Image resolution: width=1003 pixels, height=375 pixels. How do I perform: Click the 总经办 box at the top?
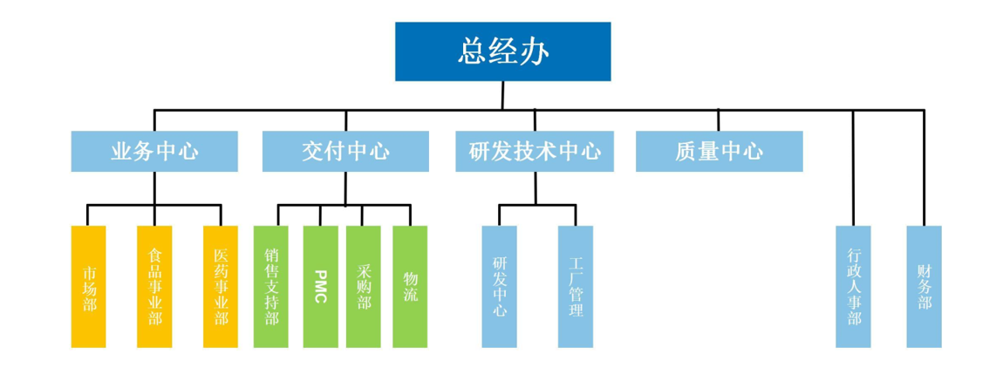(x=502, y=51)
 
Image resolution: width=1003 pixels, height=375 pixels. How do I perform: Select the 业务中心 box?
(x=154, y=152)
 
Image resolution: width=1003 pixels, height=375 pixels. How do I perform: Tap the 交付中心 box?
(x=345, y=152)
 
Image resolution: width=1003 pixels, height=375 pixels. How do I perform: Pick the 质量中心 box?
(x=719, y=152)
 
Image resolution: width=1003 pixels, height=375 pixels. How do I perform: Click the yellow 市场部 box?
(x=89, y=287)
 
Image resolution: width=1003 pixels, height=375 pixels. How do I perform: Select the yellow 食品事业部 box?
(x=154, y=287)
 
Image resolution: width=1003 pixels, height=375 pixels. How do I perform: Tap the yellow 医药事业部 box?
(x=221, y=287)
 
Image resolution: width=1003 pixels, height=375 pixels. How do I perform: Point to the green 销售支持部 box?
(x=271, y=287)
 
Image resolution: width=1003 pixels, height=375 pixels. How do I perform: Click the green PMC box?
(x=320, y=287)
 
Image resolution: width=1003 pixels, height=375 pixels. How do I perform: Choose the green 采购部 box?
(x=364, y=287)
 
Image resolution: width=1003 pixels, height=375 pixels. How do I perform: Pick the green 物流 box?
(x=410, y=287)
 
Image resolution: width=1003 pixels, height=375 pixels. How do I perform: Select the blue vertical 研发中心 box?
(x=500, y=287)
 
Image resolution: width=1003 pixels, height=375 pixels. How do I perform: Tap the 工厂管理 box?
(x=576, y=287)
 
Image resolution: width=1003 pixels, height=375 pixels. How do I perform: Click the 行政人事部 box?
(x=853, y=287)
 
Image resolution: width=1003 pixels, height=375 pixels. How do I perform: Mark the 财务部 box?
(x=925, y=287)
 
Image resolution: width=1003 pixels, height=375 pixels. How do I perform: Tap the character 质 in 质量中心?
(x=686, y=152)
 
